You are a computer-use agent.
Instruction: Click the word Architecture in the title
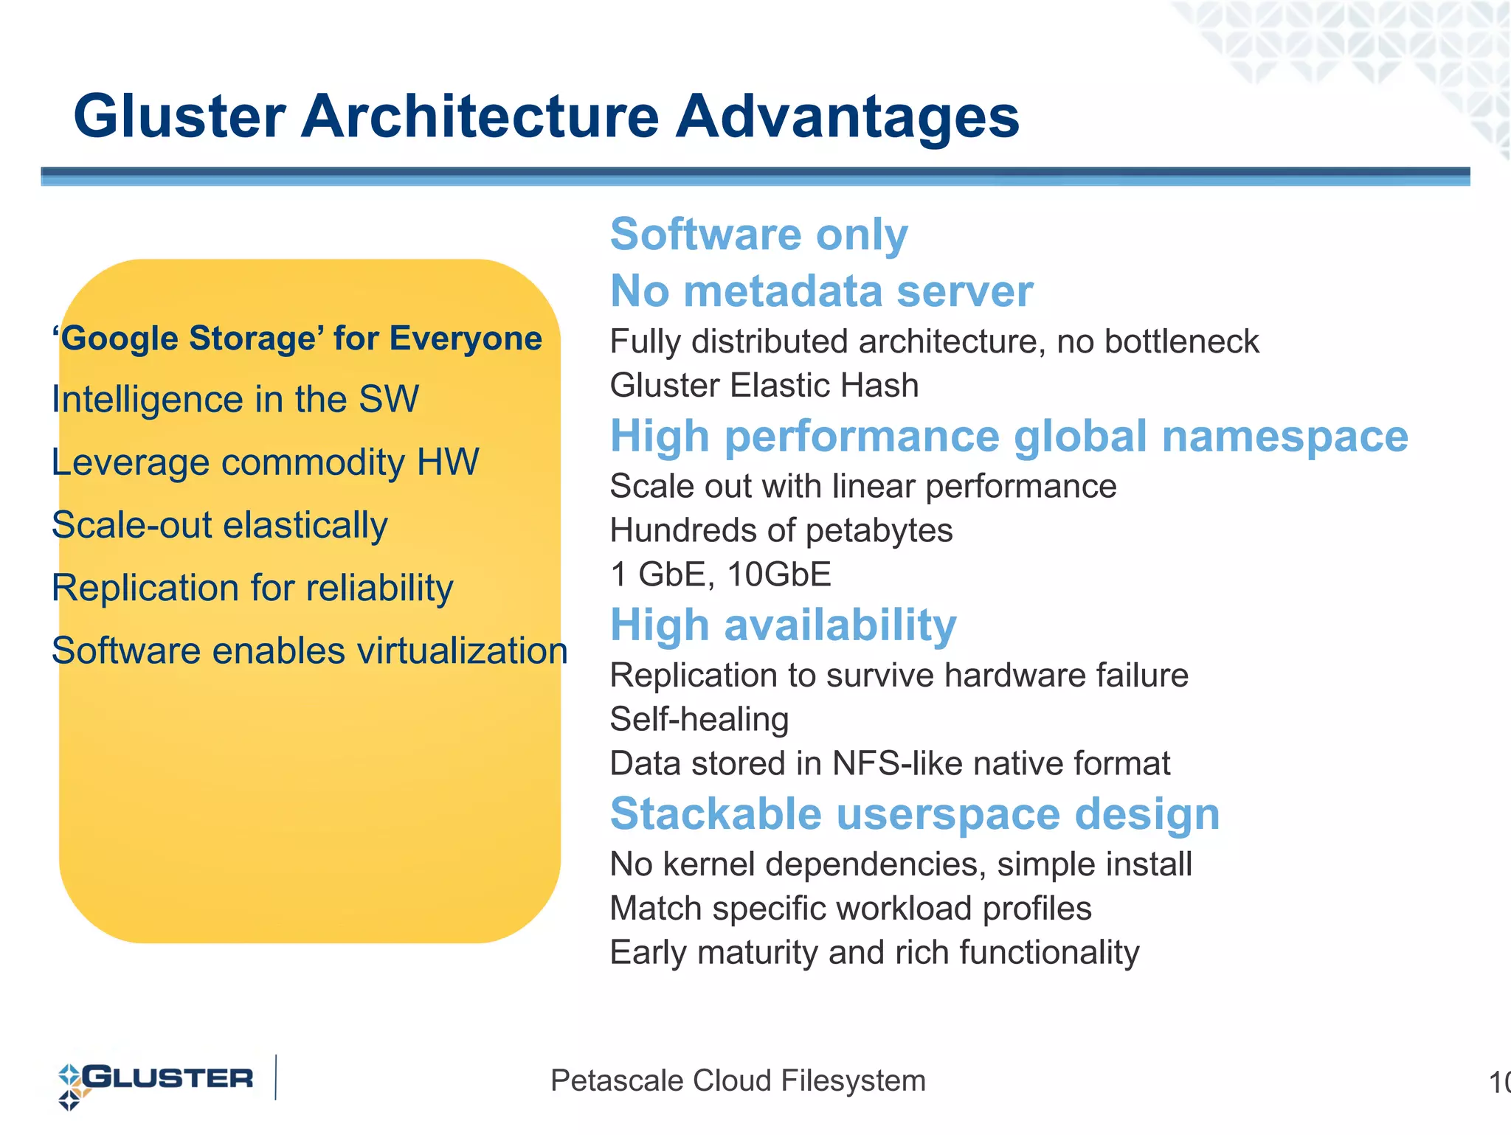tap(480, 117)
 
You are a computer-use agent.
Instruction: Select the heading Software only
tap(758, 235)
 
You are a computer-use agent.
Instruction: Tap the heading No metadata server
tap(821, 291)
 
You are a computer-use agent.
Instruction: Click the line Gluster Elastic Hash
tap(764, 386)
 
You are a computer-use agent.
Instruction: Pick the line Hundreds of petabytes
tap(781, 530)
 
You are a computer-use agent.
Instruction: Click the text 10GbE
tap(779, 575)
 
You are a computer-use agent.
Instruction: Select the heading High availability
tap(783, 625)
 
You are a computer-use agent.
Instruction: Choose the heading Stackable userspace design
tap(914, 814)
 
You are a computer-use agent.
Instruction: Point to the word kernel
tap(708, 864)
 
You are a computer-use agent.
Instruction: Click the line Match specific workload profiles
tap(850, 909)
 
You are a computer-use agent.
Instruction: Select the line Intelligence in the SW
tap(235, 400)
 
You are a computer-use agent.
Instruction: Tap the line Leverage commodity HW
tap(265, 462)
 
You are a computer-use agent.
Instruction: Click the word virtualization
tap(462, 651)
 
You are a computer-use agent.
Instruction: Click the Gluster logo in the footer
tap(156, 1081)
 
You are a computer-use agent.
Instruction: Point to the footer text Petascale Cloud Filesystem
tap(738, 1081)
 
